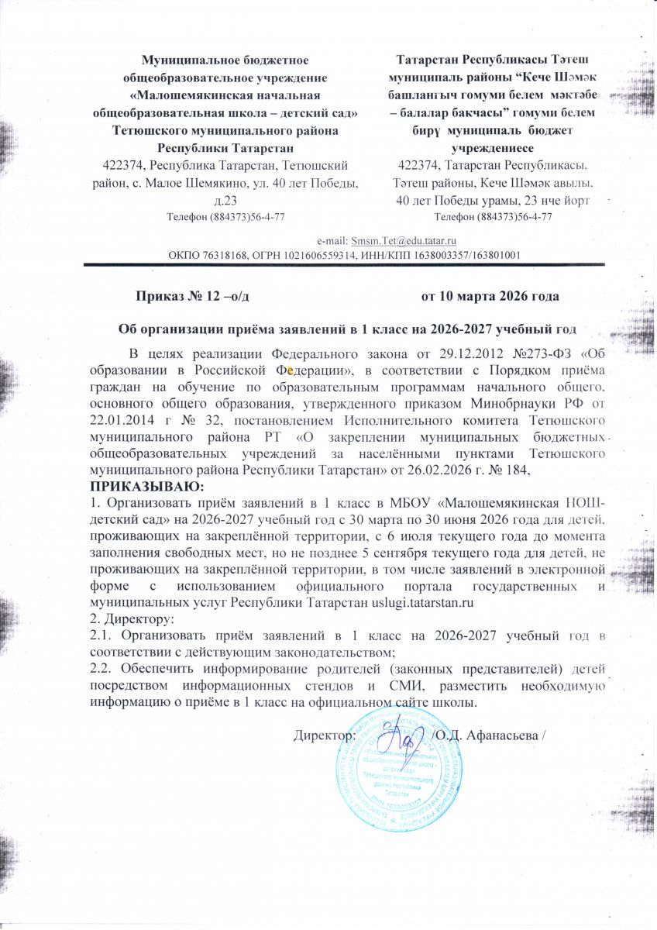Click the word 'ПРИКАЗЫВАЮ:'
(x=146, y=487)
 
